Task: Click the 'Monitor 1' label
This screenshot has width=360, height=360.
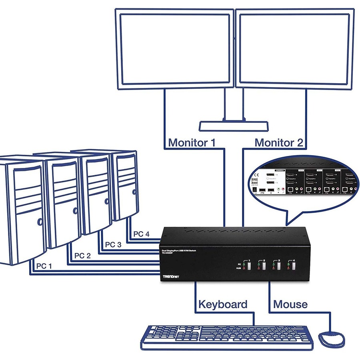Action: [192, 142]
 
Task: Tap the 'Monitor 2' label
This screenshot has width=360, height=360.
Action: [279, 142]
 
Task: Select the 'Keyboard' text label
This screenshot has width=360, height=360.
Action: [223, 304]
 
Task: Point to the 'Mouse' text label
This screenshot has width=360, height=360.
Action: [290, 304]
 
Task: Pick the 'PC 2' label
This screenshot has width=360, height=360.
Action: [83, 256]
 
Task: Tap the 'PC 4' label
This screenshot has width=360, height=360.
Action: [141, 234]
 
